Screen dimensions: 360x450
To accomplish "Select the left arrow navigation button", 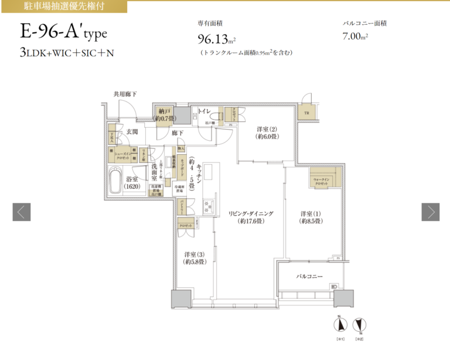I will [x=21, y=212].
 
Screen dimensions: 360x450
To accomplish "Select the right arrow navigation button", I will [x=431, y=212].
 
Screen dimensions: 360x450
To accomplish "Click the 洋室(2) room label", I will [x=266, y=133].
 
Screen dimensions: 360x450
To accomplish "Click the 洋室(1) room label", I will [x=311, y=217].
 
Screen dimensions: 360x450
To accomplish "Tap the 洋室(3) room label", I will [x=194, y=259].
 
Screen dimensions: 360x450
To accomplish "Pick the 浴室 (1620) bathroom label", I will [x=132, y=182].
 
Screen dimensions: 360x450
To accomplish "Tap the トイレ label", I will [x=204, y=110].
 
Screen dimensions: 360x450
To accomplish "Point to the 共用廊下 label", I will [x=125, y=94].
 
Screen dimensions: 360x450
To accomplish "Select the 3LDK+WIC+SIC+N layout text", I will [x=66, y=52].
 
